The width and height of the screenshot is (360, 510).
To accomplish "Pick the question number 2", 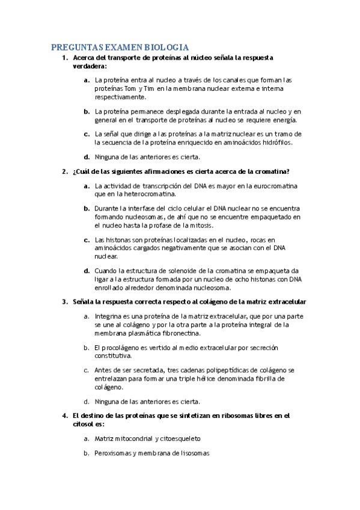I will (x=65, y=171).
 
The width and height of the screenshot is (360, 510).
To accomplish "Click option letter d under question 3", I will (x=87, y=401).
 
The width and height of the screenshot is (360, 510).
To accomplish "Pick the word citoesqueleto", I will (x=177, y=438).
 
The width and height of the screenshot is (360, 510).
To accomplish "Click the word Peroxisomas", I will (x=112, y=453).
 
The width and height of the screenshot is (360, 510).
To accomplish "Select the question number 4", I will (x=65, y=416).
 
